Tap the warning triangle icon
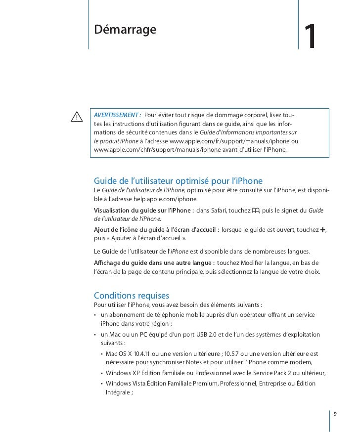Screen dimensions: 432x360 (x=77, y=117)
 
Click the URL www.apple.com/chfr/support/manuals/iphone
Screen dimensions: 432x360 (x=158, y=150)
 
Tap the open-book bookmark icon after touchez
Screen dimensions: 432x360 (x=255, y=211)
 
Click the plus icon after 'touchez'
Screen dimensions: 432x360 (x=323, y=230)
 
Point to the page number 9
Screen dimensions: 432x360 (x=336, y=413)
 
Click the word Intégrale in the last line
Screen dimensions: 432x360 (x=118, y=393)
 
